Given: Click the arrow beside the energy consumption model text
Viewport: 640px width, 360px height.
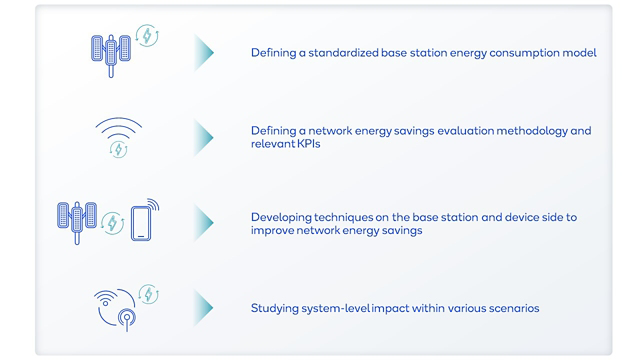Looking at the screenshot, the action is click(x=204, y=53).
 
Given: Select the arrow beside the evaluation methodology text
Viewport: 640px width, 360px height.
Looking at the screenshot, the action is click(x=204, y=137).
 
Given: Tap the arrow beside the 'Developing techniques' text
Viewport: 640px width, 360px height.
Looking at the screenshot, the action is click(x=204, y=222).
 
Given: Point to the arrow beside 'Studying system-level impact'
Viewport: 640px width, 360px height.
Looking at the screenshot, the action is click(x=204, y=307).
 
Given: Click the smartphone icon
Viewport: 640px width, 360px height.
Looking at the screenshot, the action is click(x=141, y=224).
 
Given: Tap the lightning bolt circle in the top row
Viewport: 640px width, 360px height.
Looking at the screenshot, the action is click(x=147, y=36).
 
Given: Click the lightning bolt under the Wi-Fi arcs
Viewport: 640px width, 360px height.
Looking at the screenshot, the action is click(x=118, y=149).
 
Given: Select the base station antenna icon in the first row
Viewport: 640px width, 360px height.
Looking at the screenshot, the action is click(x=111, y=56).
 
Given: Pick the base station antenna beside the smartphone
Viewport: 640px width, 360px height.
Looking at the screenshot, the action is click(x=77, y=222).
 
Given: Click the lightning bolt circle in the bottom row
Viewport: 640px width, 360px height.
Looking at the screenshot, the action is click(x=148, y=294).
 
